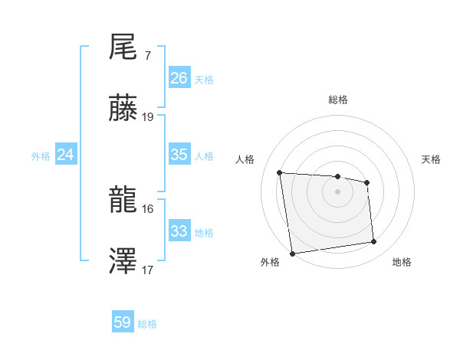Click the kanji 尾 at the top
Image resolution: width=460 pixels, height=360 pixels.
coord(123,47)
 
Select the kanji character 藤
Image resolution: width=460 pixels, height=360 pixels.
coord(123,109)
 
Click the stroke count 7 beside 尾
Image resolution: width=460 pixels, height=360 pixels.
coord(147,56)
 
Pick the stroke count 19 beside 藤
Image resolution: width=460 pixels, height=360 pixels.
coord(148,117)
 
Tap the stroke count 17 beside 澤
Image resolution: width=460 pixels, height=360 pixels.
coord(148,270)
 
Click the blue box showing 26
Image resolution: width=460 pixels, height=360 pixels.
coord(179,78)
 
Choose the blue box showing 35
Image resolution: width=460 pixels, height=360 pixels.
coord(179,155)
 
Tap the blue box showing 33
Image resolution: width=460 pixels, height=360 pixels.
coord(179,231)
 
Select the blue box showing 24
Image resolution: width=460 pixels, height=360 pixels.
coord(66,155)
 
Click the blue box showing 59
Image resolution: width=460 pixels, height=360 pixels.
coord(123,322)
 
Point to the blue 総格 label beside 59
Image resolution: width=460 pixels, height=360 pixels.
coord(147,324)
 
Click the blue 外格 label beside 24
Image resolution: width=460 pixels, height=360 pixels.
coord(41,156)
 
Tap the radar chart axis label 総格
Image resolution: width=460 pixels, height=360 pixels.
coord(338,100)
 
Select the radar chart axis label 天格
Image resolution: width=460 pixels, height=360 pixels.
coord(431,159)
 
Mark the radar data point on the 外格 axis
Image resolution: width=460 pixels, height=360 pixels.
coord(292,254)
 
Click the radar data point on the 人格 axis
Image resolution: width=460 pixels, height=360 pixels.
coord(280,172)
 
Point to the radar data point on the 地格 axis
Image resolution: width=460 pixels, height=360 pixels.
coord(374,242)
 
